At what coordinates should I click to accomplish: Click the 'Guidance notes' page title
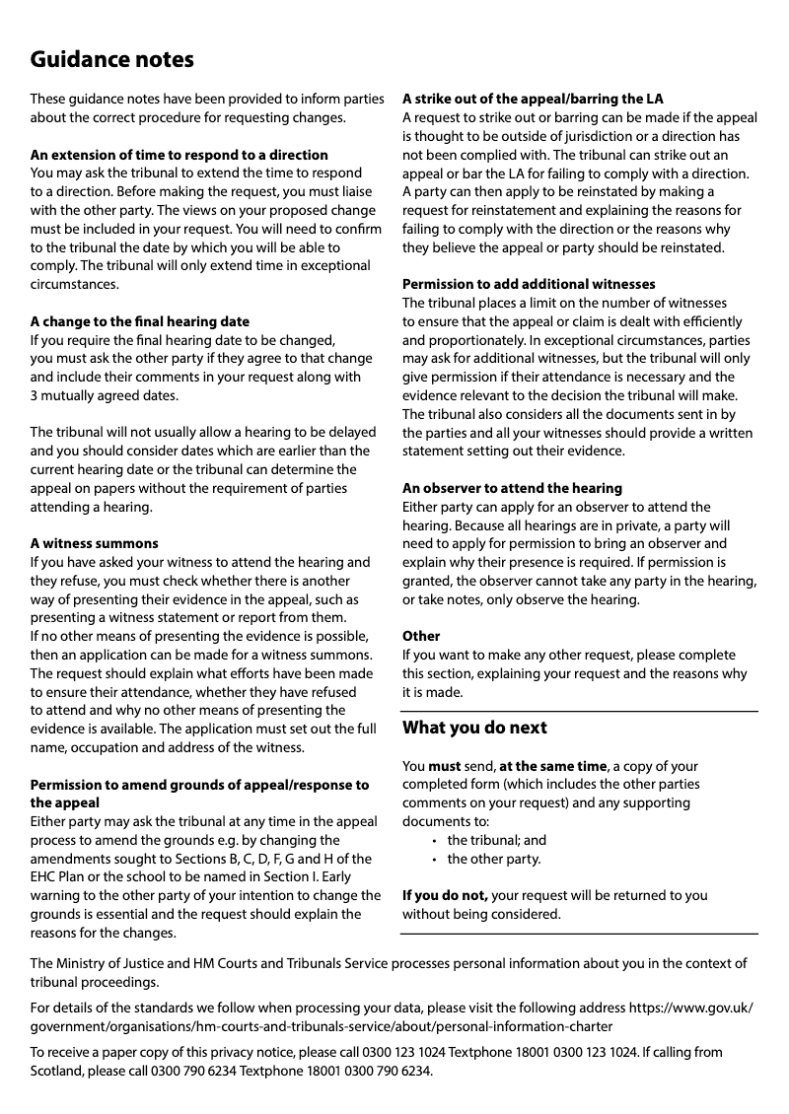[111, 60]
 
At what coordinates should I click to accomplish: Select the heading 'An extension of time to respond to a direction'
[179, 155]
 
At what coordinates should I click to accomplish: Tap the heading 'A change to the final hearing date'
[140, 321]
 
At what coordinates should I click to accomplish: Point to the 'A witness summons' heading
[94, 543]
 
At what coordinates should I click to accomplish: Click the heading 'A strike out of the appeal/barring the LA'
[533, 99]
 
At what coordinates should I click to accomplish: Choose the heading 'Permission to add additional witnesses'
[529, 284]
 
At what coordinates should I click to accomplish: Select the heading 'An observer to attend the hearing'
[512, 488]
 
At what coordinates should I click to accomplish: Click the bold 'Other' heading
[421, 636]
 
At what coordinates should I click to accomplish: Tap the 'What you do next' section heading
[474, 729]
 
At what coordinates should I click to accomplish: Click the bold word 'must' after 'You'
[445, 766]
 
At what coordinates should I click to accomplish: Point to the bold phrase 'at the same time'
[552, 766]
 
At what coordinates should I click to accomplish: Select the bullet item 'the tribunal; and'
[496, 840]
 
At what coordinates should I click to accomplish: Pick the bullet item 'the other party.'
[493, 859]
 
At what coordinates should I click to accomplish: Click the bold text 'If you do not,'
[445, 895]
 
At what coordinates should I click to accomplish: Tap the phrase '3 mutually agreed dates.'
[105, 395]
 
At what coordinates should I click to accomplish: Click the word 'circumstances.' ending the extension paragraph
[75, 284]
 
